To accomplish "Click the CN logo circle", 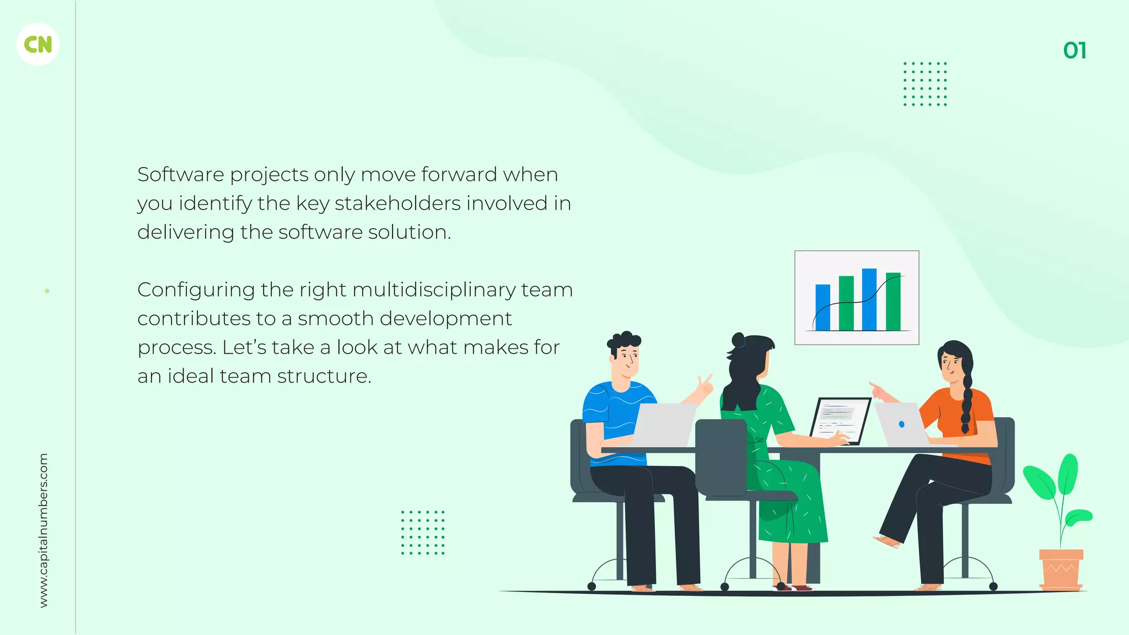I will pos(38,45).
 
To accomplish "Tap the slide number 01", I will pos(1074,51).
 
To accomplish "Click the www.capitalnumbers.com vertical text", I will pos(44,530).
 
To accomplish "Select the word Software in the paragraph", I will pos(181,175).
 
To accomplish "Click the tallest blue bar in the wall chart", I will pos(869,299).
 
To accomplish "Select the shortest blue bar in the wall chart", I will pos(822,307).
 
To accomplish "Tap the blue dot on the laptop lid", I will pos(901,424).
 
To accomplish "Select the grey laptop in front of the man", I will pos(664,424).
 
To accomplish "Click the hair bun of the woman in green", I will pos(738,340).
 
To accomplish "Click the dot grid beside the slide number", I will pos(925,84).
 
